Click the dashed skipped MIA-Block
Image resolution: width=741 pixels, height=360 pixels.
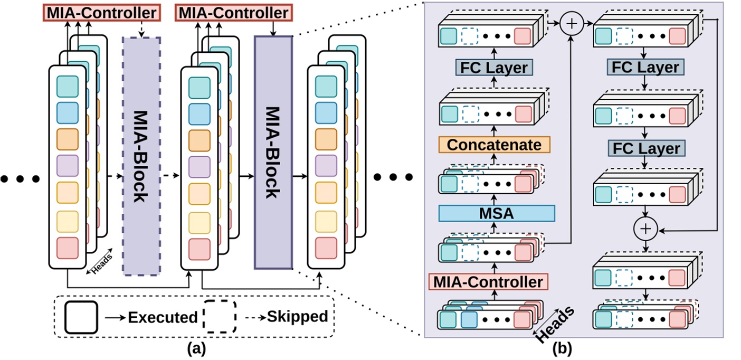(x=141, y=156)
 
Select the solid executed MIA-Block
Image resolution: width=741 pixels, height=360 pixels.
(x=273, y=153)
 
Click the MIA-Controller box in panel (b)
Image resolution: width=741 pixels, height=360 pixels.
(x=488, y=282)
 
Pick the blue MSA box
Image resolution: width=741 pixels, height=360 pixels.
(x=497, y=213)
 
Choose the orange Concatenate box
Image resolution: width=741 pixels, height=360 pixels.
(x=495, y=145)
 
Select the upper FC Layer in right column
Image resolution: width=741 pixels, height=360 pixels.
(x=643, y=68)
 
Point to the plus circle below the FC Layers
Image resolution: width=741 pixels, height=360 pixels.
(x=644, y=229)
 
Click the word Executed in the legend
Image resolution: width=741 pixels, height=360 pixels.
(x=163, y=317)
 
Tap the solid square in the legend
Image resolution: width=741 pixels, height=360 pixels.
(x=81, y=317)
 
